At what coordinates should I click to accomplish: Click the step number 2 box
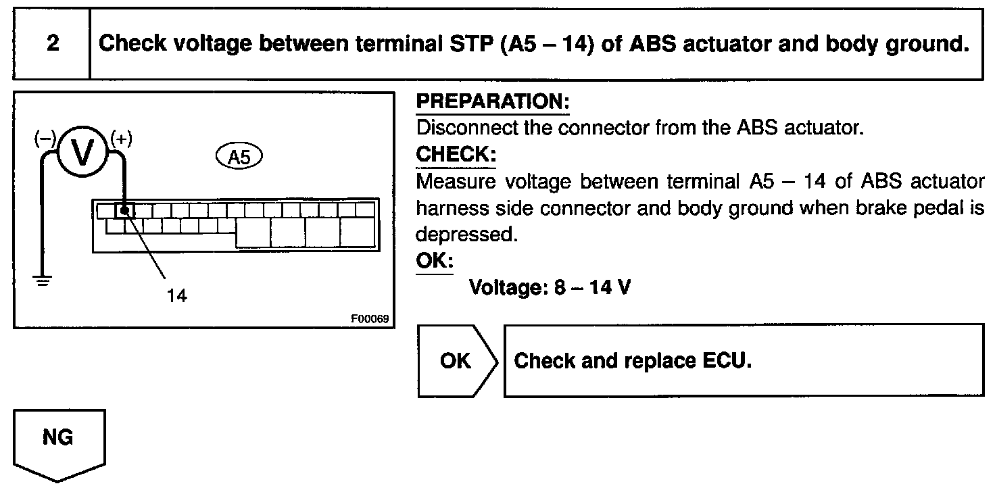click(52, 44)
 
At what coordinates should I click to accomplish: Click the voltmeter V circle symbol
click(83, 152)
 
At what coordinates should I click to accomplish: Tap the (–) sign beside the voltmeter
click(45, 139)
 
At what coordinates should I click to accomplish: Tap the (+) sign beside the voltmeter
click(122, 139)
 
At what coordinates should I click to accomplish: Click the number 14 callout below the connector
click(177, 295)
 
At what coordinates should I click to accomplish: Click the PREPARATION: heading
click(493, 103)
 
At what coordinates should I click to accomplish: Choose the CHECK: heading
click(456, 155)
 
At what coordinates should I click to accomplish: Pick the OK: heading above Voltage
click(434, 261)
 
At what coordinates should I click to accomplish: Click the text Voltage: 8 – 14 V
click(550, 287)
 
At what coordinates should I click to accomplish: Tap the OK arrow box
click(456, 361)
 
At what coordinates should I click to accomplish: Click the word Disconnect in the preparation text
click(463, 128)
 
